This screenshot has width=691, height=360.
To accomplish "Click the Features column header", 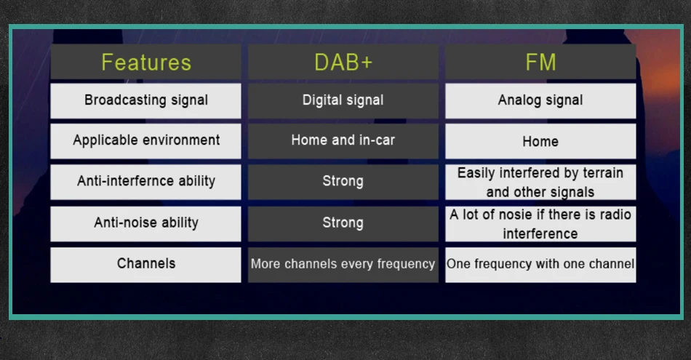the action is point(146,62).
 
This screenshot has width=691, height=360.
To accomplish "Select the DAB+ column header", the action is point(343,62).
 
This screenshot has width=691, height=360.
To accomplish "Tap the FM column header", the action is point(540,62).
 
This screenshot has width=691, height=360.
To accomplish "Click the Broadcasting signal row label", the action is point(146,100).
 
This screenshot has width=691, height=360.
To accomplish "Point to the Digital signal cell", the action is point(343,100).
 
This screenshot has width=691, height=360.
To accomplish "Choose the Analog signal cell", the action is point(540,100).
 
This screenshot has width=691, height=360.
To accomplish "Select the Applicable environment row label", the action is point(146,141).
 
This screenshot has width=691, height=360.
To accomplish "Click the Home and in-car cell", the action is point(343,141).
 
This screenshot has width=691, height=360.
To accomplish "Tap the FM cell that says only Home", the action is point(540,141).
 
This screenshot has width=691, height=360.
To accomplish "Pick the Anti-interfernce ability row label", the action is point(146,182).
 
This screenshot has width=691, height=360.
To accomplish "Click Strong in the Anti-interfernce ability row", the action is point(343,182).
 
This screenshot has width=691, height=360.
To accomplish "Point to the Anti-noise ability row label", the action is point(146,224).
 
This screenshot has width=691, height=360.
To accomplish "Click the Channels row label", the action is point(146,265).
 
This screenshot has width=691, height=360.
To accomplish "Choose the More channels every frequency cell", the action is point(343,265).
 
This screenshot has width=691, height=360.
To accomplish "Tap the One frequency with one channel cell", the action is point(540,265).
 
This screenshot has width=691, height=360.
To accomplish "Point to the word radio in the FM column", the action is point(615,215).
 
